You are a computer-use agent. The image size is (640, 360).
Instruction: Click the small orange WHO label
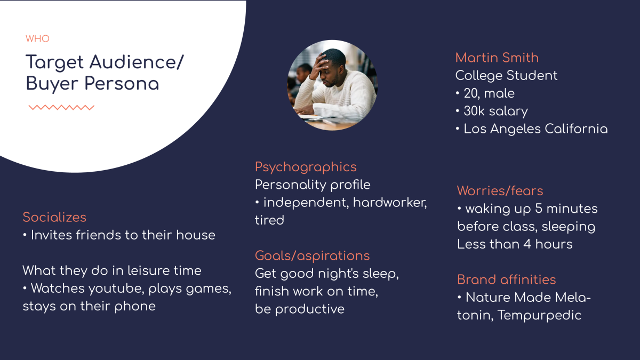(37, 38)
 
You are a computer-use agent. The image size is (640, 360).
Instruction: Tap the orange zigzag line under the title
(61, 107)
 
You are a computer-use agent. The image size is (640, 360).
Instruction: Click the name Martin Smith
(497, 58)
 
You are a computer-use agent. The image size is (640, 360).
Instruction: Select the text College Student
(506, 75)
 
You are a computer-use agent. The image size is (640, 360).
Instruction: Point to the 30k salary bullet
(492, 111)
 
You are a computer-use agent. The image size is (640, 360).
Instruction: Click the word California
(576, 129)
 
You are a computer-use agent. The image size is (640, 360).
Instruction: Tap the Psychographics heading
(306, 167)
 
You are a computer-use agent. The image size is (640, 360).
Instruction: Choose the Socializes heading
(54, 217)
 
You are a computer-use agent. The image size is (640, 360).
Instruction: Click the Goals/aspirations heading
(313, 255)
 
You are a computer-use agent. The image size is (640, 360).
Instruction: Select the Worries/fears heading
(500, 190)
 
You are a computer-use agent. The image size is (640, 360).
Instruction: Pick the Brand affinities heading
(506, 279)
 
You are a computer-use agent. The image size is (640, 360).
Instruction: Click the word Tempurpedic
(539, 315)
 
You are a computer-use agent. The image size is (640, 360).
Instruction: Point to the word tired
(269, 220)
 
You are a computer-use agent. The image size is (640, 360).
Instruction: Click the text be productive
(300, 309)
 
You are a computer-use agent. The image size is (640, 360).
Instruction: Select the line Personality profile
(313, 185)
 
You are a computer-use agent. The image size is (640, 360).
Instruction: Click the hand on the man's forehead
(318, 66)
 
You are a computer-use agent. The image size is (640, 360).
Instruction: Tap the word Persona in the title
(122, 84)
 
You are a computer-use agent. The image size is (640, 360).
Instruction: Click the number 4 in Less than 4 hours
(527, 244)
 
